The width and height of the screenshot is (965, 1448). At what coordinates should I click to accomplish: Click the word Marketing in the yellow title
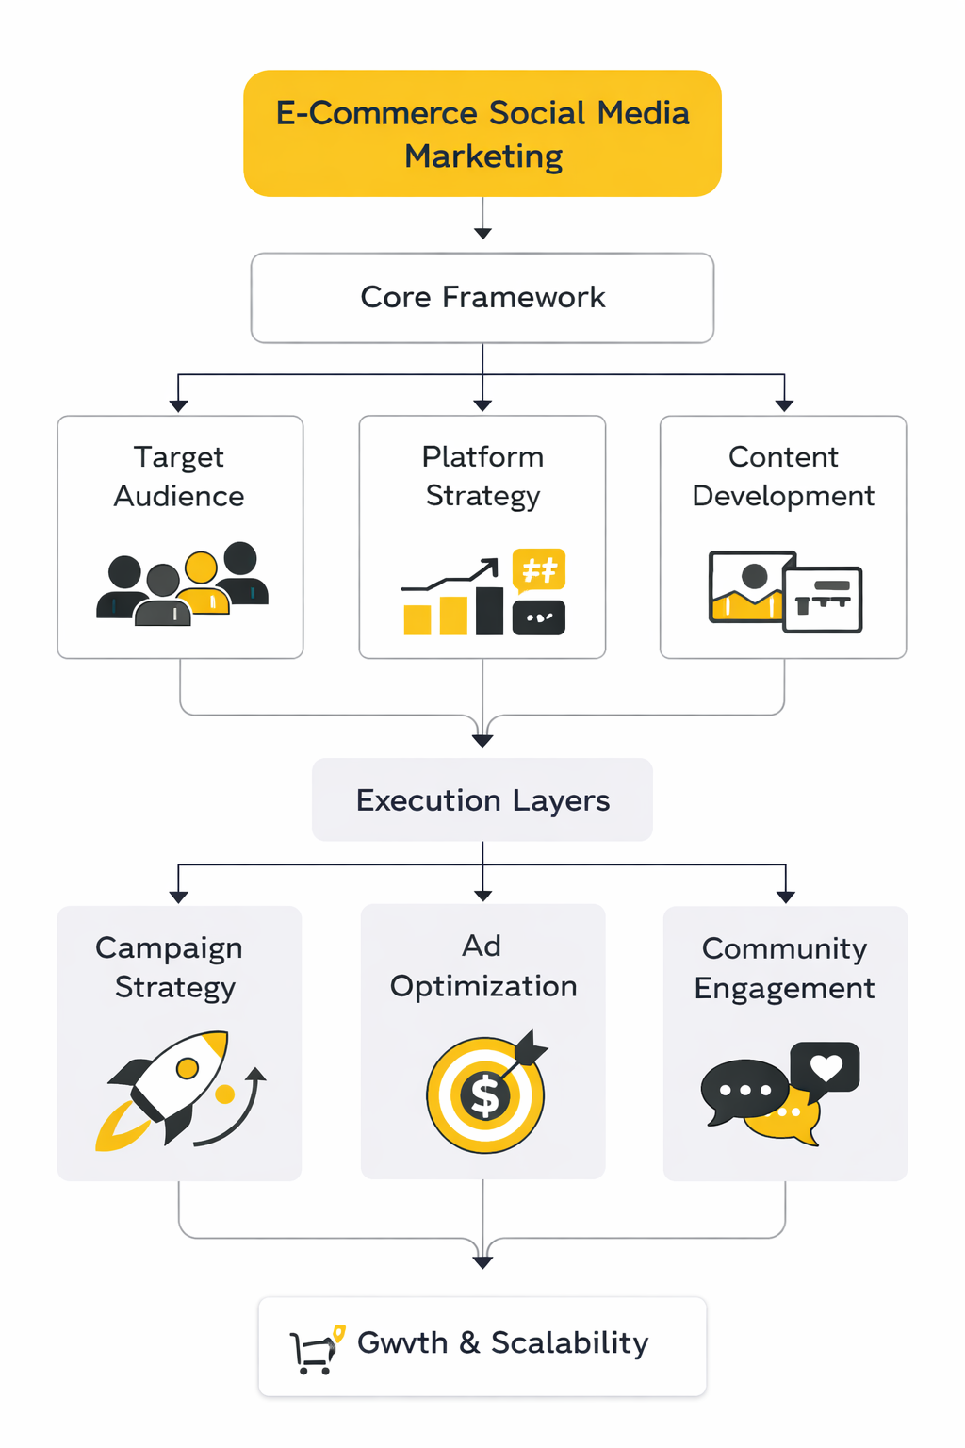pos(483,156)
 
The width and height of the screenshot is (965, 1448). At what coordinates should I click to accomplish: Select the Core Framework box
pos(482,298)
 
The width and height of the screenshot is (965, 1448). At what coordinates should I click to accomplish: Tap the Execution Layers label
pos(482,800)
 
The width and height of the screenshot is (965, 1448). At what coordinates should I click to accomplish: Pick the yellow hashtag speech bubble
pos(539,569)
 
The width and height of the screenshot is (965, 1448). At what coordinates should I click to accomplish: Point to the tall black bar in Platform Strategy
pos(489,610)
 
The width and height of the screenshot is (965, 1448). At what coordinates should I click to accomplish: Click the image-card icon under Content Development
pos(784,591)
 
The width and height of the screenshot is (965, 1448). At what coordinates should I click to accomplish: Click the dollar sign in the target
pos(485,1096)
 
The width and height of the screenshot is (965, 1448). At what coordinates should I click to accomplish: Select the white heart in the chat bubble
pos(826,1067)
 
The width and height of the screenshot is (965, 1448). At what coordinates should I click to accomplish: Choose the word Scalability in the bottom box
pos(569,1342)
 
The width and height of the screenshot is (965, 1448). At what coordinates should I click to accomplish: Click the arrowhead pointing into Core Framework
pos(482,233)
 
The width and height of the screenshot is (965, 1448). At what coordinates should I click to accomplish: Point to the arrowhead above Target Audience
pos(179,405)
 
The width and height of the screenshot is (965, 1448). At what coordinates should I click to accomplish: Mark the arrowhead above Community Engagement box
pos(785,897)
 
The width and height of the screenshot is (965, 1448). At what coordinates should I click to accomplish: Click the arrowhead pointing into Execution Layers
pos(482,741)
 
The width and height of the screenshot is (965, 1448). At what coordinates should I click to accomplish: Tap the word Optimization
pos(483,986)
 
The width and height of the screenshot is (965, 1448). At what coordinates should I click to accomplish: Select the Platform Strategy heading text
pos(482,476)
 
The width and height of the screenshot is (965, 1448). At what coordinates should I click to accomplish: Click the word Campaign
pos(169,948)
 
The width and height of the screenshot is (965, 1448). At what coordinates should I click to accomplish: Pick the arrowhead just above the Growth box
pos(482,1262)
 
